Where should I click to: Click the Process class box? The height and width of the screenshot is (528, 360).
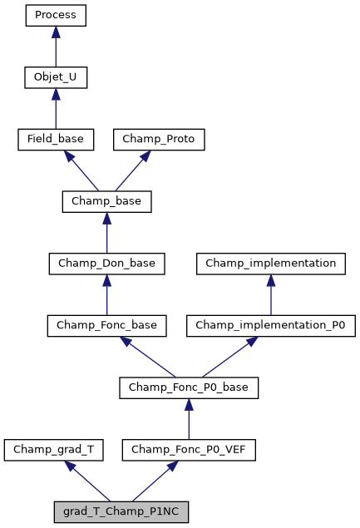click(x=56, y=15)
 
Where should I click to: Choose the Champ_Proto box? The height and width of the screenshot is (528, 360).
click(x=159, y=140)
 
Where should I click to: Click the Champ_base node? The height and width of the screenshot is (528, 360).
click(x=106, y=202)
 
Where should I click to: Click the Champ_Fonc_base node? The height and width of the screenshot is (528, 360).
click(x=106, y=326)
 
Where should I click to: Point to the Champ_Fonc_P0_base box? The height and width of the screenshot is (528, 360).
click(x=189, y=388)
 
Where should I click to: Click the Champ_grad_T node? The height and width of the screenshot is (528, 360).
click(x=54, y=451)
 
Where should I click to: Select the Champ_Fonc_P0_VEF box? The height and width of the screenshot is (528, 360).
click(x=189, y=451)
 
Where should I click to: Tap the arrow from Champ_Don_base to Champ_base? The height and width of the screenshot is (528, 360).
click(x=106, y=234)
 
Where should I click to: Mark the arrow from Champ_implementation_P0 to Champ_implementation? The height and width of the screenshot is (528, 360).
click(x=270, y=295)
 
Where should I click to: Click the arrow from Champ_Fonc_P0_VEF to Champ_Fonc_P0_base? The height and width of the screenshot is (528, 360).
click(x=189, y=420)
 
